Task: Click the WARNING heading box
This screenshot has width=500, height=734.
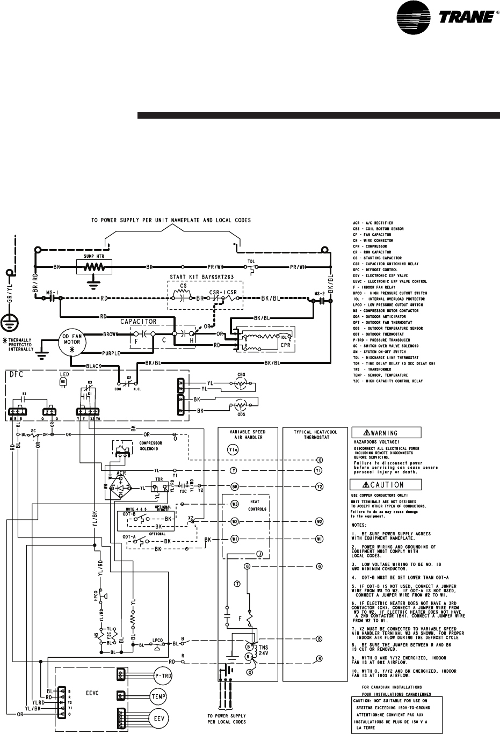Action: click(386, 433)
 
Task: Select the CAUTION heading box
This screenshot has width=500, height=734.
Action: click(386, 485)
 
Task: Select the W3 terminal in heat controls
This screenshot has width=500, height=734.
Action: click(235, 504)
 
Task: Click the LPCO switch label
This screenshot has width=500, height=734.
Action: click(157, 641)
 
